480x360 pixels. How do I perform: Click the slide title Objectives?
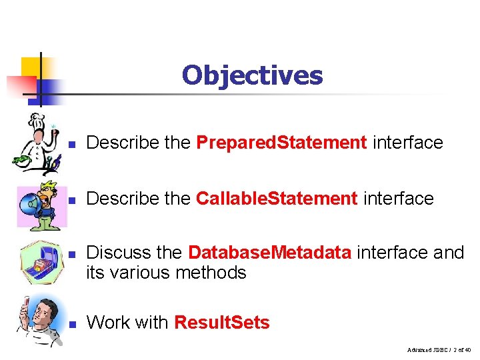point(252,75)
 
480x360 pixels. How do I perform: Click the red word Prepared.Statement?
point(281,143)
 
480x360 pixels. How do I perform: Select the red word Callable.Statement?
point(277,199)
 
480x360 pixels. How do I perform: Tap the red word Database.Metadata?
point(269,253)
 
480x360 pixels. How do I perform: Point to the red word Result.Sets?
point(221,323)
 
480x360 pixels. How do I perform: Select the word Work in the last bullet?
point(107,323)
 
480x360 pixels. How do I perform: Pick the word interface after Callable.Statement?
point(398,199)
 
